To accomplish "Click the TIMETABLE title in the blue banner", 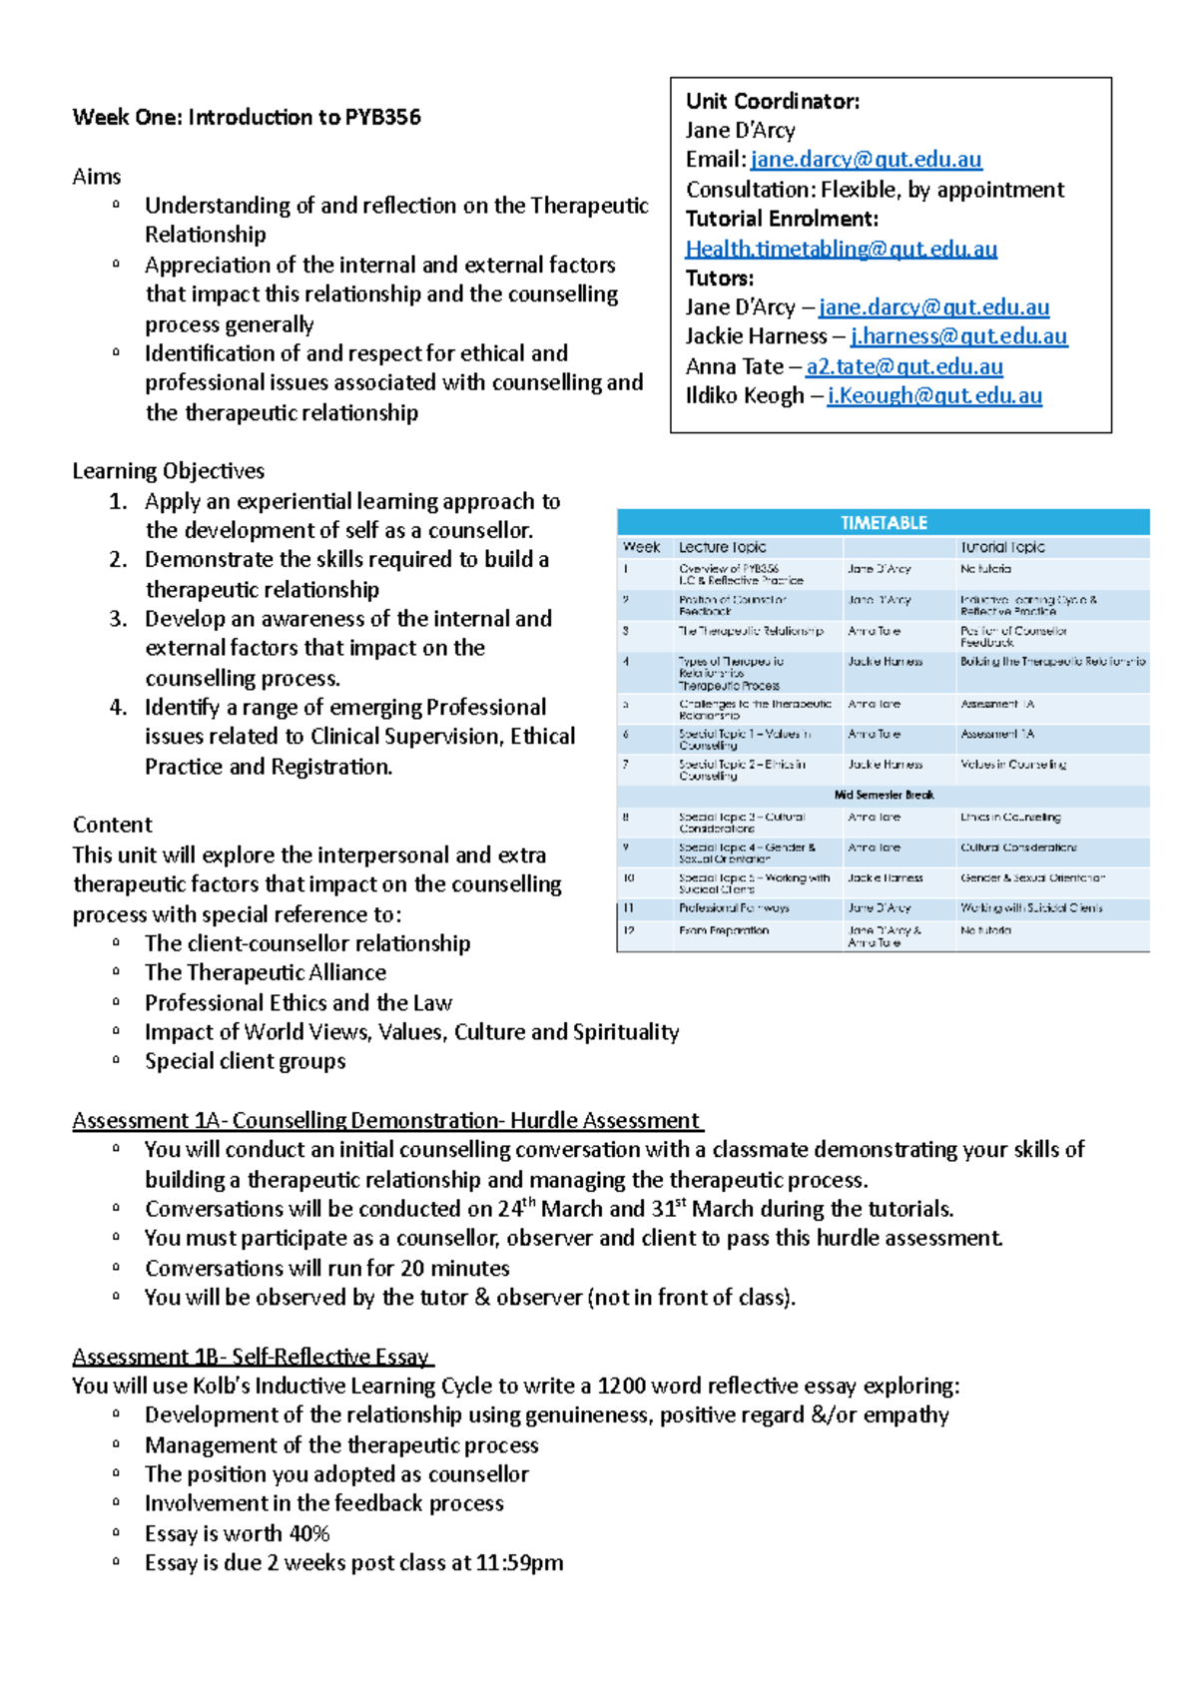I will [x=884, y=522].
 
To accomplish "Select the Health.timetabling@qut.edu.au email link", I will [x=841, y=249].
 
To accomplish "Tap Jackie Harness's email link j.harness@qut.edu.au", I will [x=958, y=336].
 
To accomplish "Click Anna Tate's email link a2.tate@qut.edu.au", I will [x=903, y=366].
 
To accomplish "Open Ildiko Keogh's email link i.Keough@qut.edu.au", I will [x=933, y=395].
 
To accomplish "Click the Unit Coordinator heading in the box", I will [x=772, y=101].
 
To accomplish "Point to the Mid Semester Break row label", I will [x=884, y=795].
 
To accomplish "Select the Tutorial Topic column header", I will [x=1002, y=547].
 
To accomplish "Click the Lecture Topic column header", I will [x=722, y=547].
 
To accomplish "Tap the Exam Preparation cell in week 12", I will [x=724, y=930].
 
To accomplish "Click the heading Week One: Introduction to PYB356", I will [x=247, y=117].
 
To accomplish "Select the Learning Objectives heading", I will [x=168, y=470].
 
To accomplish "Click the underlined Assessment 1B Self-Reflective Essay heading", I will [x=252, y=1356].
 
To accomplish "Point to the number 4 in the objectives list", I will [x=118, y=708].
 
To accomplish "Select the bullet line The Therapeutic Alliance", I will [x=265, y=972].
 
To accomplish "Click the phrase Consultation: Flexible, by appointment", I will [x=875, y=190].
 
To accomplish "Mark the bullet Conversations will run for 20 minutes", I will [x=326, y=1268].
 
